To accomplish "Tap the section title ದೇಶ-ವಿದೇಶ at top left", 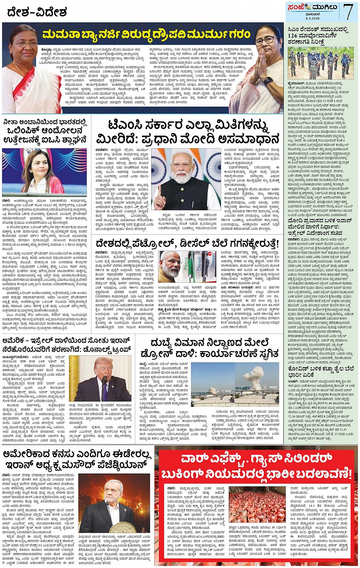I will [37, 13].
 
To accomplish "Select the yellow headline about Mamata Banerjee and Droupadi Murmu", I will [147, 35].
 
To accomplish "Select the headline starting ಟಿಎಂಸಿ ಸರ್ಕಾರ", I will [189, 132].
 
